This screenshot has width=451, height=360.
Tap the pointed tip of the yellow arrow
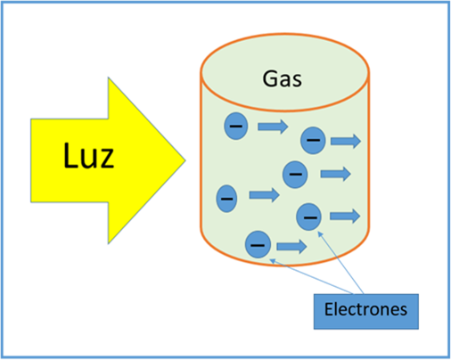[x=184, y=160]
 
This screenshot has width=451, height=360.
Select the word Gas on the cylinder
[x=283, y=79]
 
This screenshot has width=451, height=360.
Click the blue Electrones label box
[x=367, y=308]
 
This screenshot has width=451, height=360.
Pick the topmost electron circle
[x=235, y=127]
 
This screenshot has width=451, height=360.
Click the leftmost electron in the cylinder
[x=226, y=196]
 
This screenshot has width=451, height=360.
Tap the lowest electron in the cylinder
[x=258, y=243]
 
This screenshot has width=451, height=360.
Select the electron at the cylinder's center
[x=294, y=175]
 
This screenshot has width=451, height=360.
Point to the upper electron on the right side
[x=312, y=140]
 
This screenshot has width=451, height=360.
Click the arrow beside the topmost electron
[x=273, y=127]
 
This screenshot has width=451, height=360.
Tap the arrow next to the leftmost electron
[x=264, y=194]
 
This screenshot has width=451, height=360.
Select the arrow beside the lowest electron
[x=291, y=245]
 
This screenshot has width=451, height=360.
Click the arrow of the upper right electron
[x=346, y=140]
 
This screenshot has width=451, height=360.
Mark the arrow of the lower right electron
[x=344, y=216]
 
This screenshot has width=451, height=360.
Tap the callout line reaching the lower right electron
[x=340, y=263]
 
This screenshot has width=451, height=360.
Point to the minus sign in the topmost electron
[x=235, y=127]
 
